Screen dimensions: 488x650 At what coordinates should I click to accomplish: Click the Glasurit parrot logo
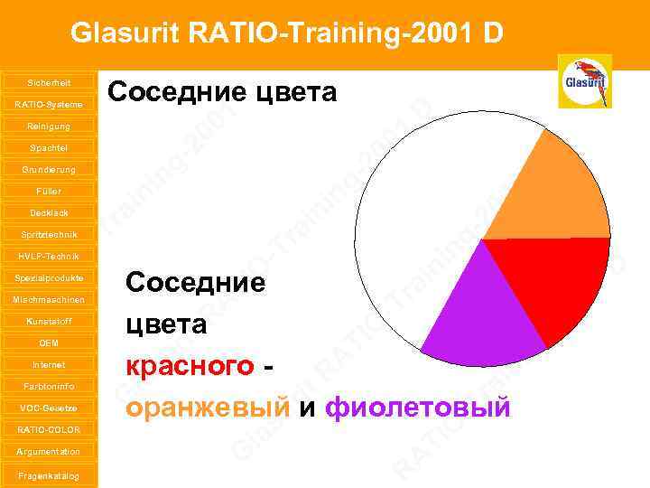(x=584, y=81)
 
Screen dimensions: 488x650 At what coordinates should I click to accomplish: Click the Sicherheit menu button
(x=49, y=82)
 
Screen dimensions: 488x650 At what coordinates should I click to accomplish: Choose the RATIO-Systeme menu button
(x=49, y=104)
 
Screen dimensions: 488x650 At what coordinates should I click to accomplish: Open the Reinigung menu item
(x=49, y=126)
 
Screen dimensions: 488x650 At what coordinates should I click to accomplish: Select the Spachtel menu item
(x=49, y=147)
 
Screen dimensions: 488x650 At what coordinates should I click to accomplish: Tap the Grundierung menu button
(x=49, y=169)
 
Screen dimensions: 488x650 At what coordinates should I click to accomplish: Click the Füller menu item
(x=49, y=191)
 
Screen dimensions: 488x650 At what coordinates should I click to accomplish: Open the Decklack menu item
(x=49, y=212)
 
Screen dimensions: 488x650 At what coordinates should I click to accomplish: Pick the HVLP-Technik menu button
(x=49, y=256)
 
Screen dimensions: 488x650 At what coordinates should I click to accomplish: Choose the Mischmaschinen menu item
(x=49, y=299)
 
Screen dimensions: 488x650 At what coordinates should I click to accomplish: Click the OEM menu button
(x=49, y=343)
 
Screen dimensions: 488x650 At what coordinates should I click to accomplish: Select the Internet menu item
(x=49, y=364)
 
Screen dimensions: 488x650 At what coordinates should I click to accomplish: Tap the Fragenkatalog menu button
(x=49, y=475)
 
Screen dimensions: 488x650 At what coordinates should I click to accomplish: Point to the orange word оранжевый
(x=209, y=408)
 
